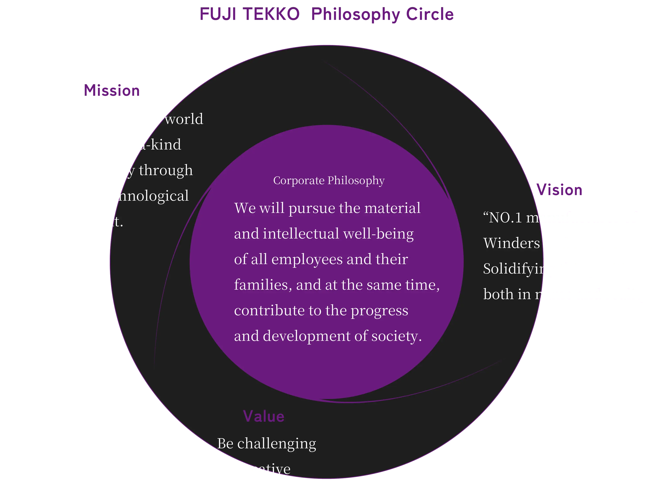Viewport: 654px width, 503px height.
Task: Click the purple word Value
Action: tap(263, 416)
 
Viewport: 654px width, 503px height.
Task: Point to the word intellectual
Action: tap(301, 234)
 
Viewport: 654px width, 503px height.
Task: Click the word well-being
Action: tap(379, 234)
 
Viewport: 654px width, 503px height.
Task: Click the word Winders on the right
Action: tap(511, 243)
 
